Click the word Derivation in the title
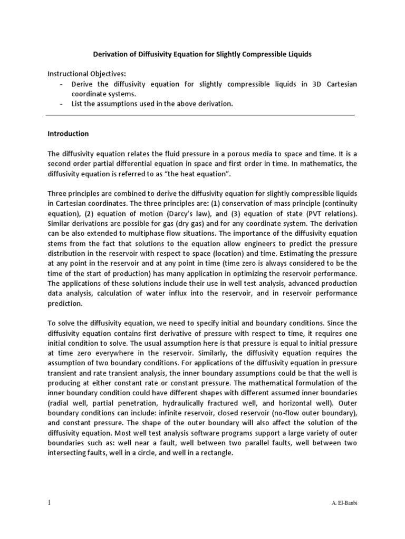point(112,54)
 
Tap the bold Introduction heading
point(68,134)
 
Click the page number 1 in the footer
point(49,503)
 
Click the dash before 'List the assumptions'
point(63,104)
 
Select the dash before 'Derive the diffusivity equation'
point(63,84)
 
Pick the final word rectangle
point(215,453)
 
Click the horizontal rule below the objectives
point(200,114)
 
